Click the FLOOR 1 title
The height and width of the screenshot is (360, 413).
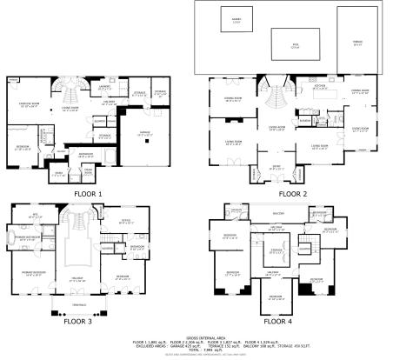click(x=88, y=194)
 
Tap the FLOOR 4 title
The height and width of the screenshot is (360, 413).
click(x=293, y=319)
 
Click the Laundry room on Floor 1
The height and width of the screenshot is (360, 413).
click(x=103, y=87)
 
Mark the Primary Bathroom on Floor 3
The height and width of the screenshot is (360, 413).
click(x=28, y=237)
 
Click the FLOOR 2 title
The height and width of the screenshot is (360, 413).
click(x=292, y=193)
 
